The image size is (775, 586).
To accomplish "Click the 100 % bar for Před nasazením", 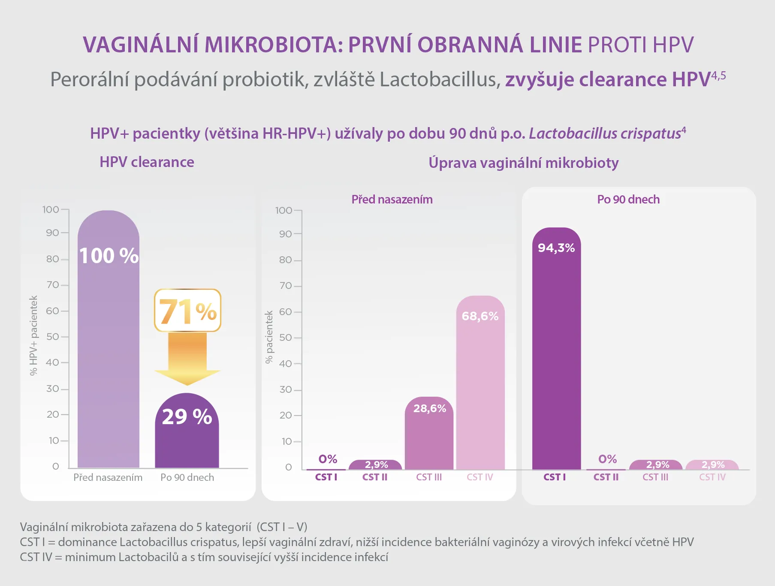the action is [109, 339].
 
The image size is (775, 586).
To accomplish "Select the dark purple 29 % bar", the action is [187, 431].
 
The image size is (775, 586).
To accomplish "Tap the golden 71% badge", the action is [187, 310].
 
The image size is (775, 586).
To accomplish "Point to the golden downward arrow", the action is [187, 359].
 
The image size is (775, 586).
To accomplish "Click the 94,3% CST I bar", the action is [557, 349].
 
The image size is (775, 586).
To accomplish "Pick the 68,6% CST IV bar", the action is [480, 383].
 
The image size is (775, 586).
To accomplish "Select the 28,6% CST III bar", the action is [429, 433].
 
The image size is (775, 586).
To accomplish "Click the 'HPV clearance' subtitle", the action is [147, 162].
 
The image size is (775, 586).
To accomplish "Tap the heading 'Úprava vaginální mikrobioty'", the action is [523, 163].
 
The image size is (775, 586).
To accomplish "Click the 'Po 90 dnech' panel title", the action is [628, 200].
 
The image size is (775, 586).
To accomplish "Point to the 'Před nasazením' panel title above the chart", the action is [392, 200].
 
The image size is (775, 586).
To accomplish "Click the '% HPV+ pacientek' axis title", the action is [33, 336].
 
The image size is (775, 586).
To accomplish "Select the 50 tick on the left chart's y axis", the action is [53, 337].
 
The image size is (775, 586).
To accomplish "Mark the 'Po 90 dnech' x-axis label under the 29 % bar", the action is [187, 477].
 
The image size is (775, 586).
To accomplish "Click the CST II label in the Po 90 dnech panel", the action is [606, 477].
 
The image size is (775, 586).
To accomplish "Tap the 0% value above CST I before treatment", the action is [328, 459].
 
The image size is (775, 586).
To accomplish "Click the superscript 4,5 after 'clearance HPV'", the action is [719, 76].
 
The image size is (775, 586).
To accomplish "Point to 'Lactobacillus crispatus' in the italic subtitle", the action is [605, 134].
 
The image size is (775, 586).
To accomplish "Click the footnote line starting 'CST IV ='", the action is [204, 557].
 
